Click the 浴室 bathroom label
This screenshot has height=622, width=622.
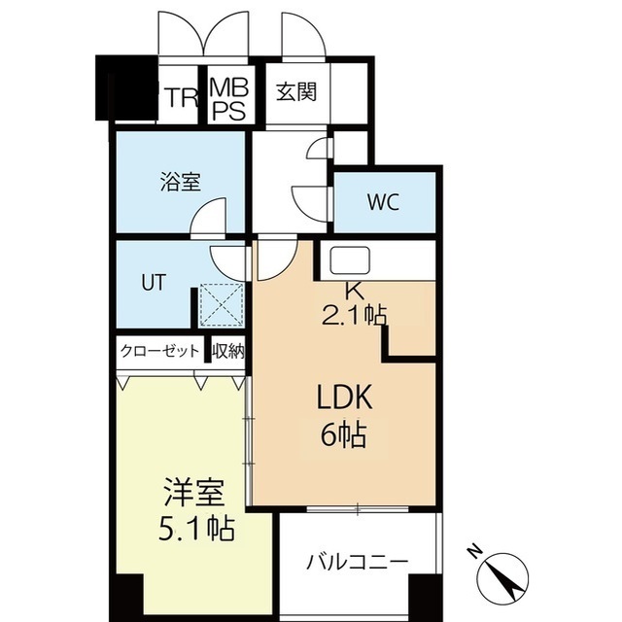tap(180, 181)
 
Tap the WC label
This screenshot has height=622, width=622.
tap(384, 203)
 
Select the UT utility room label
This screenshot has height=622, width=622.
tap(154, 283)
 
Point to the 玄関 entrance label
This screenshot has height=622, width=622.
tap(295, 93)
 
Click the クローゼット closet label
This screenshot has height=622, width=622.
tap(160, 351)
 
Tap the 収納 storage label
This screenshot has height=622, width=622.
tap(228, 351)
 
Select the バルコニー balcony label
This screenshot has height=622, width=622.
tap(357, 563)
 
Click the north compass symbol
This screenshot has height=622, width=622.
tap(504, 575)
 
